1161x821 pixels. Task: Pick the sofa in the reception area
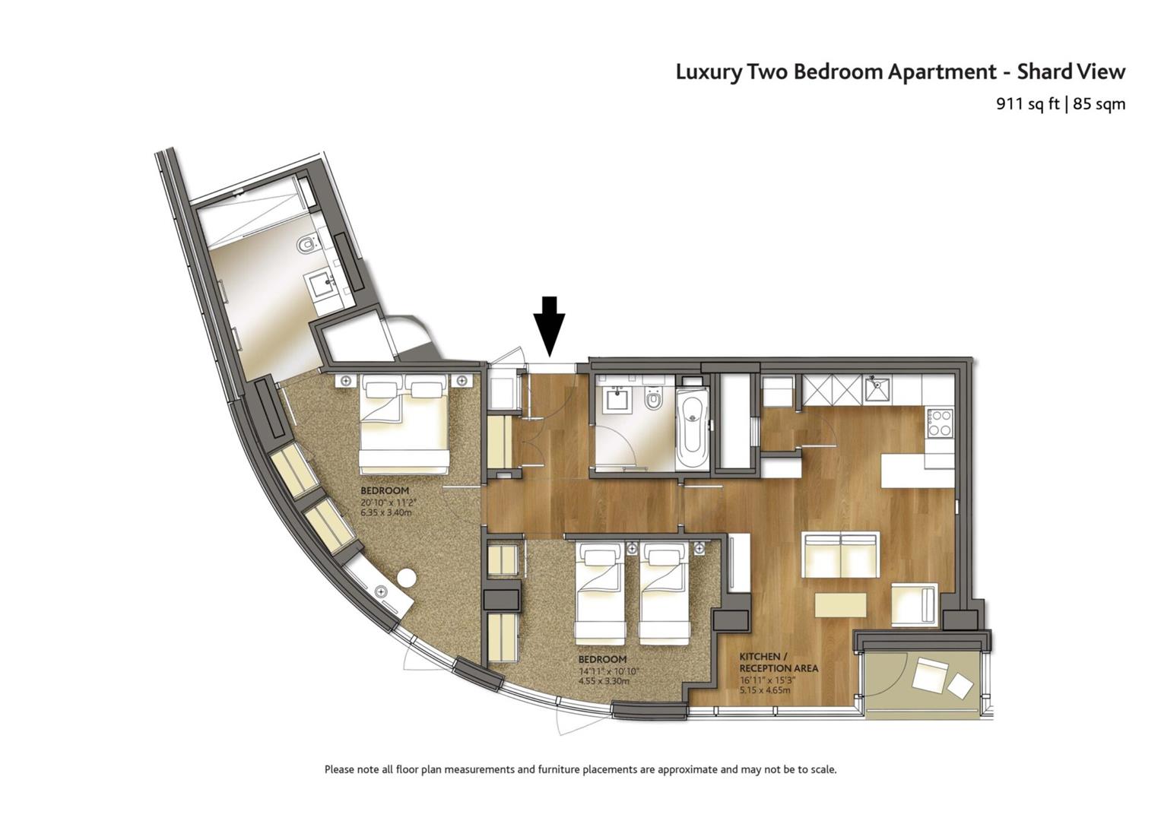pyautogui.click(x=841, y=554)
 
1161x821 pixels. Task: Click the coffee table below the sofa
pyautogui.click(x=840, y=605)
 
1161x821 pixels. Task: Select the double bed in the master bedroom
pyautogui.click(x=404, y=424)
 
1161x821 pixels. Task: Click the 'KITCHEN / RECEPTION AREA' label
pyautogui.click(x=779, y=663)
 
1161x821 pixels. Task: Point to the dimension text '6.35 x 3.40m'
pyautogui.click(x=386, y=512)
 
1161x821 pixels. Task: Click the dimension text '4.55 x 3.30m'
pyautogui.click(x=604, y=680)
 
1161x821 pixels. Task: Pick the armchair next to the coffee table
pyautogui.click(x=915, y=604)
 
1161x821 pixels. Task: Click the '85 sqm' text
pyautogui.click(x=1099, y=104)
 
